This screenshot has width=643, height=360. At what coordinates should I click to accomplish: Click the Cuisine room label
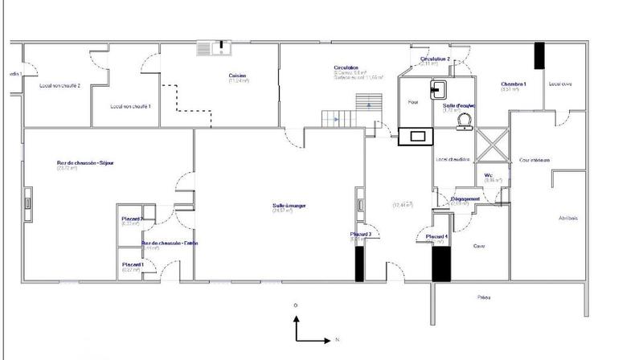237,76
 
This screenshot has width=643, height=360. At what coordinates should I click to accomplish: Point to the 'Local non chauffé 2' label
60,85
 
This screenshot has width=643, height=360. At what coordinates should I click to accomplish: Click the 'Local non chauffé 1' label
130,105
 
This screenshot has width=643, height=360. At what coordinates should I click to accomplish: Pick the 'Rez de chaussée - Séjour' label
86,163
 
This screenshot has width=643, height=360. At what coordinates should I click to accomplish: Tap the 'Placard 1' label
133,264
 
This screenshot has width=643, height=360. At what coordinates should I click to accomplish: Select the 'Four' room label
413,102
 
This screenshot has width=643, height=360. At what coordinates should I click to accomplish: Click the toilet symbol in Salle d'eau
463,121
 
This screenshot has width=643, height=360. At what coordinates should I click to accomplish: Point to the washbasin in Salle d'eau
439,87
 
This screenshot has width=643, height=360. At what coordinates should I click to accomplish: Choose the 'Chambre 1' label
514,84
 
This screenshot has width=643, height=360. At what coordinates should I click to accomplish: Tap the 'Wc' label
488,175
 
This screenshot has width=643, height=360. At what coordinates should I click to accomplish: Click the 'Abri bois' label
567,218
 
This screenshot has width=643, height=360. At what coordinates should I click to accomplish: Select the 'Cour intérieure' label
534,161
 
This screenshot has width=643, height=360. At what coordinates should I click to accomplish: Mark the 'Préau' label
484,297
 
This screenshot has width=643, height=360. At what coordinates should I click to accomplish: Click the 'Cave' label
479,246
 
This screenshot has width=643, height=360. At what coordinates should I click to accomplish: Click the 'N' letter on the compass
338,340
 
